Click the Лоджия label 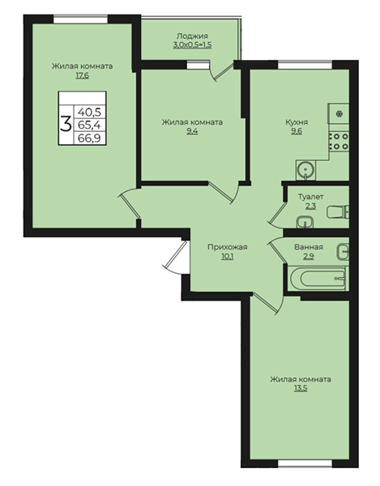coord(192,36)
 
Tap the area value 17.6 coord(82,75)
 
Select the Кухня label coord(297,122)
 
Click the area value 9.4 coord(192,131)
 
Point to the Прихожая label coord(227,247)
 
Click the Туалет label coord(311,197)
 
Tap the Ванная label coord(309,247)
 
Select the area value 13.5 coord(301,388)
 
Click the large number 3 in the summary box coord(66,124)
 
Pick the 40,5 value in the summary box coord(90,111)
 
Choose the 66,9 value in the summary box coord(90,138)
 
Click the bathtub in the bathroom coord(318,278)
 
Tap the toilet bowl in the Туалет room coord(338,212)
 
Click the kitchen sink coord(305,170)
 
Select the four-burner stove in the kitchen coord(339,141)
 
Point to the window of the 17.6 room coord(80,19)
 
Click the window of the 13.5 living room coord(305,463)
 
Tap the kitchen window coord(305,65)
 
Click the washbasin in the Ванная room coord(343,252)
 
